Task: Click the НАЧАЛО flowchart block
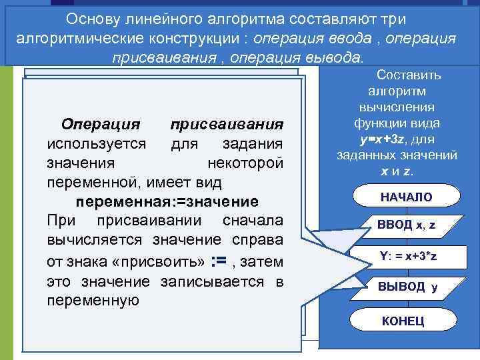pyautogui.click(x=406, y=197)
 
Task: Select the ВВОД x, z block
pyautogui.click(x=407, y=225)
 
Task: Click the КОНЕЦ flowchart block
pyautogui.click(x=403, y=321)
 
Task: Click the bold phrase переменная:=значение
pyautogui.click(x=166, y=201)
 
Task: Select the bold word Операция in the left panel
pyautogui.click(x=100, y=125)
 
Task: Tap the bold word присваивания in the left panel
pyautogui.click(x=227, y=125)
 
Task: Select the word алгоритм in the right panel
pyautogui.click(x=405, y=91)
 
